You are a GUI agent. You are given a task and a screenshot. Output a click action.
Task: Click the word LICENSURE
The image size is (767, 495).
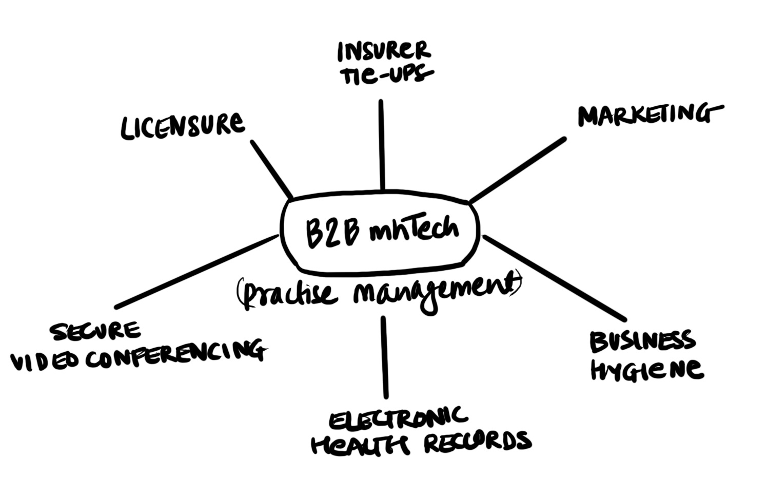point(182,126)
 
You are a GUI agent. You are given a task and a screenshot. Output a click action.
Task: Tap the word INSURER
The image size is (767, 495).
point(383,51)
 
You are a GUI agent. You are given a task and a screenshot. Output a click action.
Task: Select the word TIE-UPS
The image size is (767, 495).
point(386,75)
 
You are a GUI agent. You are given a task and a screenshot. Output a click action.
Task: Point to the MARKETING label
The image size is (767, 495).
point(649,115)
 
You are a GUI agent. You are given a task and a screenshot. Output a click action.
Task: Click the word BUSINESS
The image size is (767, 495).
point(642,342)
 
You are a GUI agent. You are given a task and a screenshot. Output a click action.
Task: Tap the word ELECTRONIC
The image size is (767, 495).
point(398,418)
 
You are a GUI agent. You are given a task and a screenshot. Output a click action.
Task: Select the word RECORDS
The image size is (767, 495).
point(477,442)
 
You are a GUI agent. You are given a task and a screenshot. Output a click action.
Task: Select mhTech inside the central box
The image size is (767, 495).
point(414,230)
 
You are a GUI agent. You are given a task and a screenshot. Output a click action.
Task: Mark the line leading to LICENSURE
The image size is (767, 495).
point(271,170)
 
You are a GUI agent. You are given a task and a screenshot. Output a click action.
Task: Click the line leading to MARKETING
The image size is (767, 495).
point(517,170)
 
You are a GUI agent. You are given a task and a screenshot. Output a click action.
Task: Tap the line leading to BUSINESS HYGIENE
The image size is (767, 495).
point(554,278)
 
